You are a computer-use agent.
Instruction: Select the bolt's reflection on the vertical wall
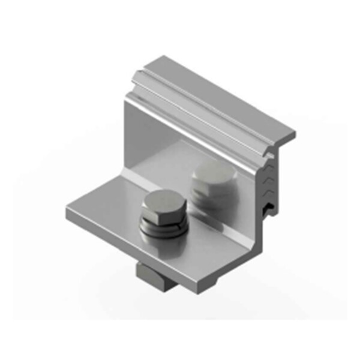point(214,183)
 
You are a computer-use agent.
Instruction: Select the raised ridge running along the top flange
point(198,96)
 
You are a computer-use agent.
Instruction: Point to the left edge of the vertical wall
point(128,138)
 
